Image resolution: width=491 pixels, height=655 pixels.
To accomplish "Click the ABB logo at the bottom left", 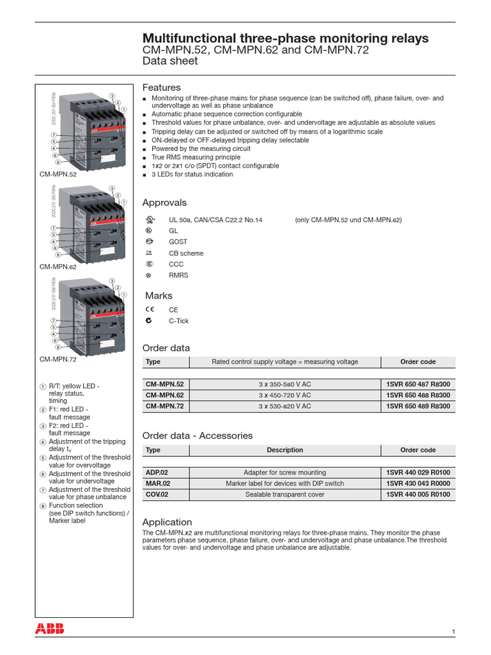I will point(50,610).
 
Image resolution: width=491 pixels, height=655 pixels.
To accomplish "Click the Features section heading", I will point(161,87).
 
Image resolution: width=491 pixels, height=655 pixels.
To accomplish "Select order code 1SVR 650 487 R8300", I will point(418,384).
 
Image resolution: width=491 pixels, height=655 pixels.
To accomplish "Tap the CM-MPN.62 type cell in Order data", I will point(164,395).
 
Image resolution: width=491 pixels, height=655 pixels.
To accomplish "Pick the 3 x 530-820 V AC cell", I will point(284,406).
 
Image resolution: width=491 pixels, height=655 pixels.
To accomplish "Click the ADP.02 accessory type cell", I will point(158,472).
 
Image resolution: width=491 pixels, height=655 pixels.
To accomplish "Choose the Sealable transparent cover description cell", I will point(284,494).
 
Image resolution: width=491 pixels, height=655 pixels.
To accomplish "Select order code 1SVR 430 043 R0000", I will point(418,484).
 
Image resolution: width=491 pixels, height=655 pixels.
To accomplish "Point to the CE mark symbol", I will point(149,310).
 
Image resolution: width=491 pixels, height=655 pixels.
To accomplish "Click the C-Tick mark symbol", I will point(149,320).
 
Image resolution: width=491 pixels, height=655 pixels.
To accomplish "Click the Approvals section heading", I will point(164,203).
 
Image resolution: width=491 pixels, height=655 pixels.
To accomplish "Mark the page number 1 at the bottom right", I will point(453,632).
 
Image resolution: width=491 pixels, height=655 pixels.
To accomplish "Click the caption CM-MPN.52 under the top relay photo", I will point(58,174).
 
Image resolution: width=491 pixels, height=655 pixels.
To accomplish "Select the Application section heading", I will point(167,522).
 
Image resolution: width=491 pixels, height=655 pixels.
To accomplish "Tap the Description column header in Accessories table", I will point(284,450).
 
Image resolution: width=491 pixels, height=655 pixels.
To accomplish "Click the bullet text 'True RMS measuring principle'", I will point(196,157).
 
